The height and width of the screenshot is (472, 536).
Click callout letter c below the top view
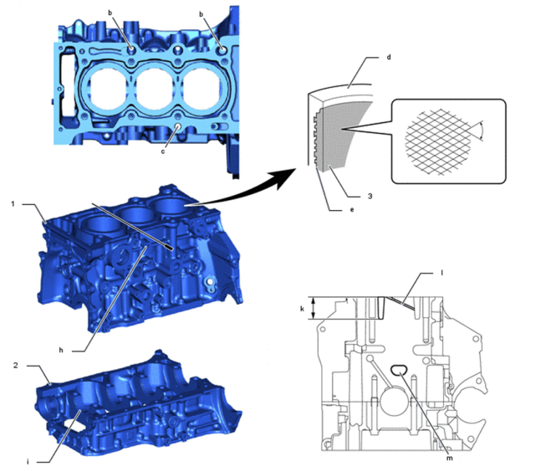click(163, 151)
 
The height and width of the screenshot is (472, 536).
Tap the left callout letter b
click(110, 13)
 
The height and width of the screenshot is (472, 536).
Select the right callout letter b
click(201, 14)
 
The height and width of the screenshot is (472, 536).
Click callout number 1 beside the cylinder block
click(13, 204)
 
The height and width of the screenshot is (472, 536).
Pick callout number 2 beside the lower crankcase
click(15, 365)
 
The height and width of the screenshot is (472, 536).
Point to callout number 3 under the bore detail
click(370, 197)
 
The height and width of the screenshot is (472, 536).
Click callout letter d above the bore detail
click(388, 57)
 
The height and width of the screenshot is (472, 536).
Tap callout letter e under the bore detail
click(352, 210)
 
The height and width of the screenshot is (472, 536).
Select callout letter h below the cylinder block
click(61, 351)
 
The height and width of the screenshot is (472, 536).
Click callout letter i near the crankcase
click(28, 462)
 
